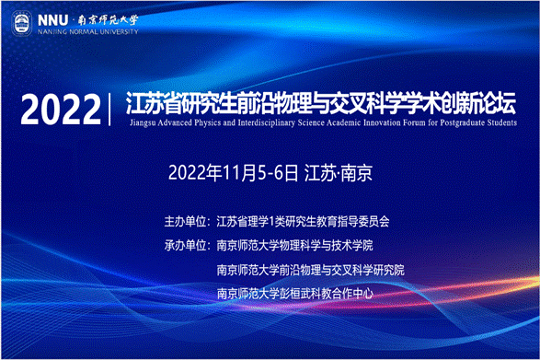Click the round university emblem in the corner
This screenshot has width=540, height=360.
pos(21,20)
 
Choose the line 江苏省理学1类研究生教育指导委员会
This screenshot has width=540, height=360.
pos(303,222)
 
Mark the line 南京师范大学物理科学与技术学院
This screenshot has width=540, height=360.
pos(295,246)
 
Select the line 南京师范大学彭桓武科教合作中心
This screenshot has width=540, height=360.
pos(293,293)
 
